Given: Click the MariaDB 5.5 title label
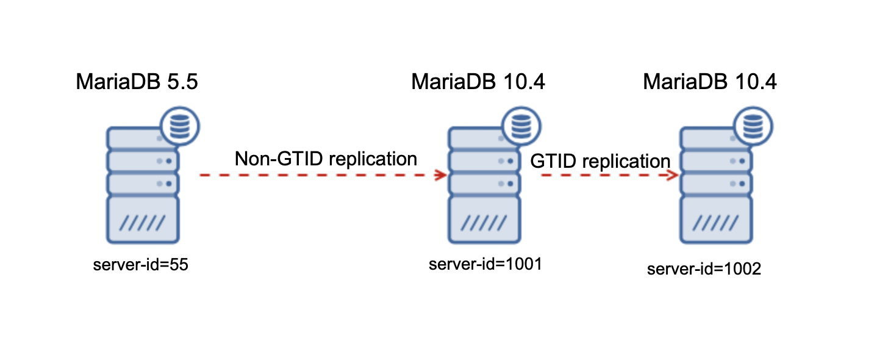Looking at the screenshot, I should coord(137,82).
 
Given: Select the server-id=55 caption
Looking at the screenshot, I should coord(137,265).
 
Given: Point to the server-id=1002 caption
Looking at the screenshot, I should coord(704,269).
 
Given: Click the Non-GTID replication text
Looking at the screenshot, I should coord(326,159).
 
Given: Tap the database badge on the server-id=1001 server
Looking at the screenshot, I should coord(520,127).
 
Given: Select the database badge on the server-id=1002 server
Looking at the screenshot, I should coord(752,127).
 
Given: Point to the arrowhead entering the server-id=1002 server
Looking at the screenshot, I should coord(673,176).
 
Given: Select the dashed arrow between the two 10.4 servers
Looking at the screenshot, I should coord(604,176).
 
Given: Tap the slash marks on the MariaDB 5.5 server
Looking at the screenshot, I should coord(141,222).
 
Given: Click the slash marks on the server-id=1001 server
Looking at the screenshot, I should coord(483,222).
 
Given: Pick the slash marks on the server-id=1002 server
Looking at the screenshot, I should coord(715,222).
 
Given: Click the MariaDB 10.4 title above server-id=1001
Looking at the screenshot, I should coord(478,82).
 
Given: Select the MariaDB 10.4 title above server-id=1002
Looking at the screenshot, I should coord(710,82).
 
